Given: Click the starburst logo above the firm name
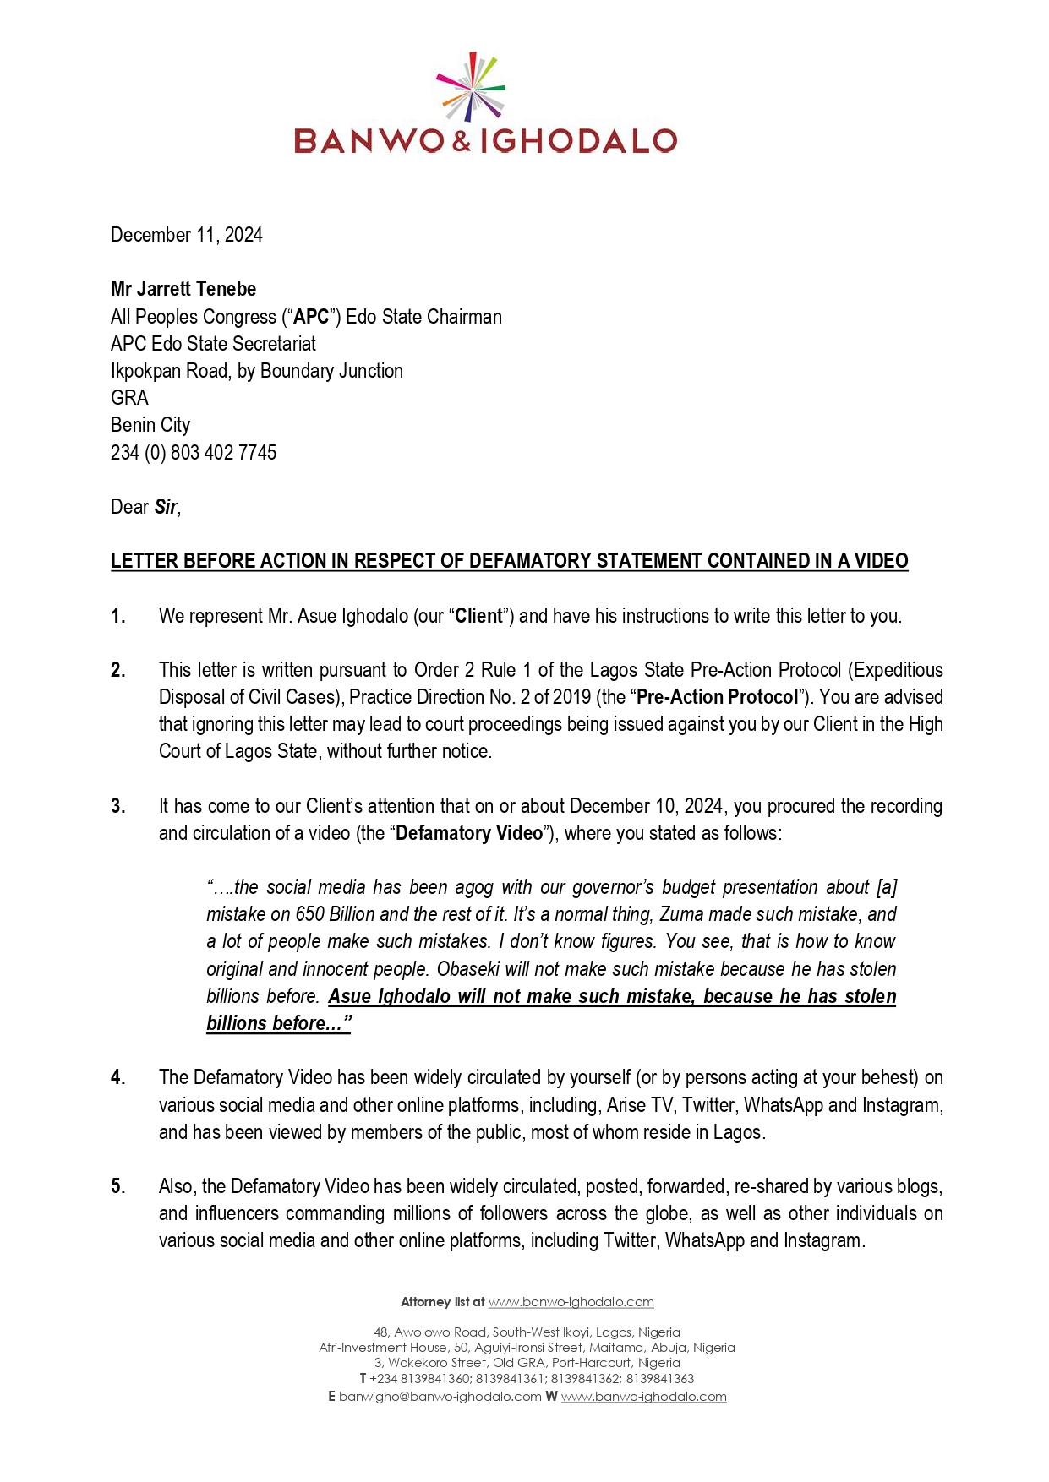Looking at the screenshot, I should (471, 87).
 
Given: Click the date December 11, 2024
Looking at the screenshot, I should (187, 235).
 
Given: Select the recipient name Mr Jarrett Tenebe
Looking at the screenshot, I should (183, 289).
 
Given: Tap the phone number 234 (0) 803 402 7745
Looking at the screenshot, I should (194, 453).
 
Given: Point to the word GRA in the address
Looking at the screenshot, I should (129, 398).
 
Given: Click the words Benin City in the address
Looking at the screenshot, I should (150, 425).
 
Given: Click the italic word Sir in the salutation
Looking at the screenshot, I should (166, 507).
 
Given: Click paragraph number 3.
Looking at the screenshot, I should (118, 806).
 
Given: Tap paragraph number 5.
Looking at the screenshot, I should (118, 1186).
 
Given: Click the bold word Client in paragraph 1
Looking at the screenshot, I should (479, 616).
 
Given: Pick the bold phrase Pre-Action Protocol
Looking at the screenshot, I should (717, 697).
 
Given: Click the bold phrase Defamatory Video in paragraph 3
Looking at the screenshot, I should (469, 833).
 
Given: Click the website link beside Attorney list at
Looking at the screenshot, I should (571, 1302).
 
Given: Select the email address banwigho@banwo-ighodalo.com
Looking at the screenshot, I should (440, 1397).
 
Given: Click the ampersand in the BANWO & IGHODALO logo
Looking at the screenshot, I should (462, 141).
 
